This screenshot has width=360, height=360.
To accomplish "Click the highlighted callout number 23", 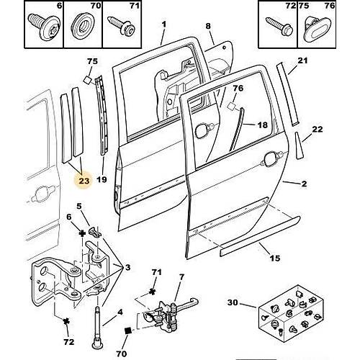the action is (84, 181).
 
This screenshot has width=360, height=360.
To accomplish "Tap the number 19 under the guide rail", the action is (102, 179).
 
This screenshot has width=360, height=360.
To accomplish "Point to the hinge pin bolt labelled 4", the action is (98, 328).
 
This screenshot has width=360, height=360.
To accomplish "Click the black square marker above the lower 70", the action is (128, 330).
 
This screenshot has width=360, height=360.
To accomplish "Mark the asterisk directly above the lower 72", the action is (66, 321).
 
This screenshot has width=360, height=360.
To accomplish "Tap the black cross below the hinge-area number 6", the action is (82, 233).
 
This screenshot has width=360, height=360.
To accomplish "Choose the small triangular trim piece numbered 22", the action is (298, 145).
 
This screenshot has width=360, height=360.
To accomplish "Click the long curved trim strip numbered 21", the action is (287, 94).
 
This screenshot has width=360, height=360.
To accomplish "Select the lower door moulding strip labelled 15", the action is (260, 236).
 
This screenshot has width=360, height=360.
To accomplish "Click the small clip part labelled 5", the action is (95, 232).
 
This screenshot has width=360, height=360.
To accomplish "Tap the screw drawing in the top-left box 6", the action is (44, 26).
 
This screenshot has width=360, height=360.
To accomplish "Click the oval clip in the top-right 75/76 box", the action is (317, 30).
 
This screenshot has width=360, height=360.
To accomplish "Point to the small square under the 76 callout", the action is (232, 107).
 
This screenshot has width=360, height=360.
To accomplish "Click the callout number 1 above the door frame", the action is (164, 24).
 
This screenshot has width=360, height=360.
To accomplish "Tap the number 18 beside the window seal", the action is (263, 125).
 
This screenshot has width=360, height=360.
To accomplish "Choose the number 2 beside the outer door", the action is (304, 184).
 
